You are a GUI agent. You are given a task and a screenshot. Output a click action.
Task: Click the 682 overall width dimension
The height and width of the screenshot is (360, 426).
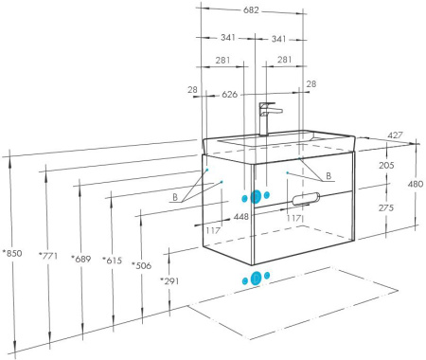(251, 10)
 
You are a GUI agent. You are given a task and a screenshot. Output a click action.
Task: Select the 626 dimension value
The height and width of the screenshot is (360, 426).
(229, 95)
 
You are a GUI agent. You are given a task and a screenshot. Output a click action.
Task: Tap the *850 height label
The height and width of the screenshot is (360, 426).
(12, 253)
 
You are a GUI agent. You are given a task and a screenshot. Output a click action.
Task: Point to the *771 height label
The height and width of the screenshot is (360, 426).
(48, 255)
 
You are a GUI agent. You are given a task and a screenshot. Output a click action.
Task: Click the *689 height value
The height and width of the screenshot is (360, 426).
(81, 259)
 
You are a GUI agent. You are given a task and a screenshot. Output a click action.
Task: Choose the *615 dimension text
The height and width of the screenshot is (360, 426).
(112, 261)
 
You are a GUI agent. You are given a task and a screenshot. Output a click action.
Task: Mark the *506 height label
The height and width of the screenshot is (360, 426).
(142, 265)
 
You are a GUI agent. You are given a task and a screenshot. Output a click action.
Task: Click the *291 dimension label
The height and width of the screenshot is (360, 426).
(169, 280)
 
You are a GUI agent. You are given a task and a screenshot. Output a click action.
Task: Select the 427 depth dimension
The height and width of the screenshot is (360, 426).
(395, 135)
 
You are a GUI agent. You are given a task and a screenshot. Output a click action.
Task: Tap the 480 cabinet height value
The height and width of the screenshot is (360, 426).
(416, 184)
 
